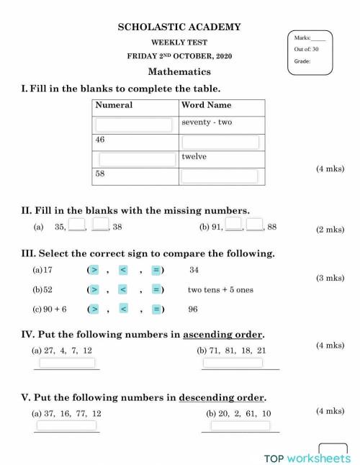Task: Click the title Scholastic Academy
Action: [x=179, y=27]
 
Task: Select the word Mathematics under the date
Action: [x=179, y=71]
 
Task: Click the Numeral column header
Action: [x=114, y=105]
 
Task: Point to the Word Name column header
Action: [x=207, y=105]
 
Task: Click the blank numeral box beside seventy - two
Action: [x=135, y=125]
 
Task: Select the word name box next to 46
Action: [x=220, y=142]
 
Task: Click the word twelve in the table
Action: [x=194, y=155]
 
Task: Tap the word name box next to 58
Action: [x=220, y=176]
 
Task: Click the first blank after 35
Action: [x=77, y=226]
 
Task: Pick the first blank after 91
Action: [x=233, y=225]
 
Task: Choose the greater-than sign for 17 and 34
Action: [x=95, y=270]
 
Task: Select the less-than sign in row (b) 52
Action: [x=123, y=289]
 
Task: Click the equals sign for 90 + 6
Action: [x=156, y=309]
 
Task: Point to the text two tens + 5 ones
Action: [x=220, y=290]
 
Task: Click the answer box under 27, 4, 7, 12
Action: [x=67, y=363]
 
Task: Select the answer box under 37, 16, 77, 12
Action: [x=66, y=425]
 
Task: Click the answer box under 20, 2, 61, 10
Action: [x=239, y=425]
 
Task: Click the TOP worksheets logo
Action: [x=307, y=458]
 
